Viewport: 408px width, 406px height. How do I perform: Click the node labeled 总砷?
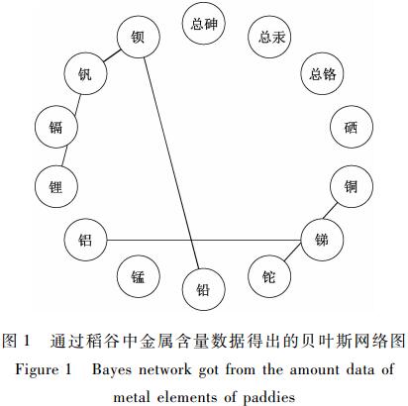[x=203, y=24]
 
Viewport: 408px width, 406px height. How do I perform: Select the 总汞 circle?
[x=269, y=37]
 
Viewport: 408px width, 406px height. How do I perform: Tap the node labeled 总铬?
[x=322, y=73]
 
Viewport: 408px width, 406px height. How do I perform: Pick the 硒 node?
[x=352, y=127]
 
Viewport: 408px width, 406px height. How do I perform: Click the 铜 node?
[x=352, y=186]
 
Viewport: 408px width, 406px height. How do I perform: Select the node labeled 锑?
[x=322, y=240]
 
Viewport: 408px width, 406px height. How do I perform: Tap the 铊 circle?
[x=269, y=276]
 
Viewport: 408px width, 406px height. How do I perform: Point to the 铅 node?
[x=203, y=289]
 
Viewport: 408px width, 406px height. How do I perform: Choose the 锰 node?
[x=139, y=276]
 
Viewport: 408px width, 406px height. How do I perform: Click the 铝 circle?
[x=85, y=240]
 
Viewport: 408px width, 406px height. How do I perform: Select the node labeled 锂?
[x=56, y=186]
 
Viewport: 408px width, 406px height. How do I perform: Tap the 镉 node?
[x=56, y=127]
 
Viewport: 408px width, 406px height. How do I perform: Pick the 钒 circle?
[x=85, y=73]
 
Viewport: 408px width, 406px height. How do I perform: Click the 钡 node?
[x=139, y=37]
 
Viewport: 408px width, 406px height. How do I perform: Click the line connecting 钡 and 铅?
[x=171, y=163]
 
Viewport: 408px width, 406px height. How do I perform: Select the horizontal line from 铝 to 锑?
[x=204, y=240]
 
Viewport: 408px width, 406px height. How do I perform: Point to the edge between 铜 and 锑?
[x=331, y=211]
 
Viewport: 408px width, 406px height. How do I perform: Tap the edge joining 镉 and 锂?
[x=65, y=155]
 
